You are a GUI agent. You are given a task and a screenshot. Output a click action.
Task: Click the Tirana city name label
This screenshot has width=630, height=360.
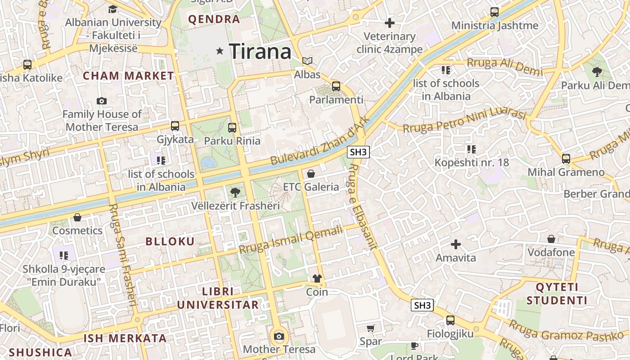(260, 51)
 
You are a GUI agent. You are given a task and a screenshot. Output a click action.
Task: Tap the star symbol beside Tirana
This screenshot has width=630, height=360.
(220, 51)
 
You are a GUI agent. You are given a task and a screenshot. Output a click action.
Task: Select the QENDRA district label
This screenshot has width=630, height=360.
(214, 19)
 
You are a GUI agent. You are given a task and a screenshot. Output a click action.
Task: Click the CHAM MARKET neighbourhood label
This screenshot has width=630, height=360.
(128, 76)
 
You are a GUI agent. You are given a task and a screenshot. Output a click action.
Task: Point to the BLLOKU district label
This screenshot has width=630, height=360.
(170, 241)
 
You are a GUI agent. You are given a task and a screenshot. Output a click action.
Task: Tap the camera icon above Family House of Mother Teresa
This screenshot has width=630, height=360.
(102, 101)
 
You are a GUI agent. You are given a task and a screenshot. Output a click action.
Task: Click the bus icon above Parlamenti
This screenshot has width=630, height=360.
(336, 86)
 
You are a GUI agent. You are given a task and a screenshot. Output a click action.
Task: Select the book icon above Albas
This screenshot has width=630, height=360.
(307, 61)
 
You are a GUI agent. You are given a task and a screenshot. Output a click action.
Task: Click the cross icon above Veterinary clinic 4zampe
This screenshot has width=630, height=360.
(390, 22)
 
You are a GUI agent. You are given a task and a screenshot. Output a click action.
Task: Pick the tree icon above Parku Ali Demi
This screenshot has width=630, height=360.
(597, 71)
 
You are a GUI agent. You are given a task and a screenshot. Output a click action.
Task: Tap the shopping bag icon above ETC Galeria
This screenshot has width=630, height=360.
(310, 173)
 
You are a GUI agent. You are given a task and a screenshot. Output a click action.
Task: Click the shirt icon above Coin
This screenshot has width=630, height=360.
(317, 279)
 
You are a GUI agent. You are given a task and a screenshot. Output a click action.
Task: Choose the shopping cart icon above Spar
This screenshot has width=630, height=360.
(370, 328)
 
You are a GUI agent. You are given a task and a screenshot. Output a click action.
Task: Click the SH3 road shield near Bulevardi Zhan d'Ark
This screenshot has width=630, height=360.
(358, 152)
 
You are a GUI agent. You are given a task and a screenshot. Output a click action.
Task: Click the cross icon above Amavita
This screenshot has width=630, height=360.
(456, 244)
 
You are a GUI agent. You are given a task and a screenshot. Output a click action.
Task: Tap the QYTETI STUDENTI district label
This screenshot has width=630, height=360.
(557, 294)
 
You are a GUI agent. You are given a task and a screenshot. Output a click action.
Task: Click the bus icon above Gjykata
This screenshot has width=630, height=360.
(175, 126)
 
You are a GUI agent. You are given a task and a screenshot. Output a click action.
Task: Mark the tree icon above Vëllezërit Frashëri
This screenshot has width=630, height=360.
(234, 193)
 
